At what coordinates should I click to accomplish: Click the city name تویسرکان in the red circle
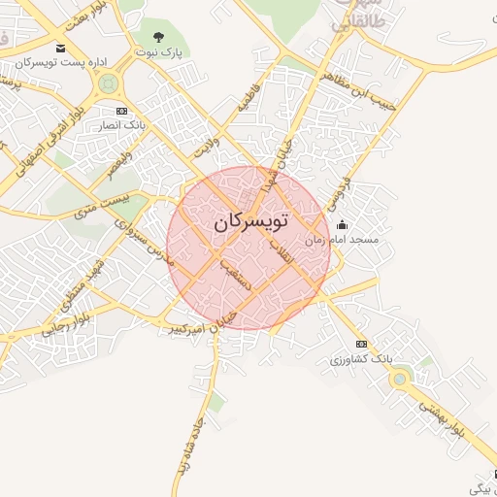pos(250,221)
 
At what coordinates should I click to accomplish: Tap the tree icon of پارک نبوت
pos(158,37)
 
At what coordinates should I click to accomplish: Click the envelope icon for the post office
pos(61,49)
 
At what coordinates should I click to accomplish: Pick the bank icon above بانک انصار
pos(120,112)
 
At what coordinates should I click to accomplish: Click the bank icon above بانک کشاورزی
pos(361,345)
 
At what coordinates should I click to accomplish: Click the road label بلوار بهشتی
pos(442,418)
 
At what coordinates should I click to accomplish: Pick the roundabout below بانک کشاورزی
pos(397,380)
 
